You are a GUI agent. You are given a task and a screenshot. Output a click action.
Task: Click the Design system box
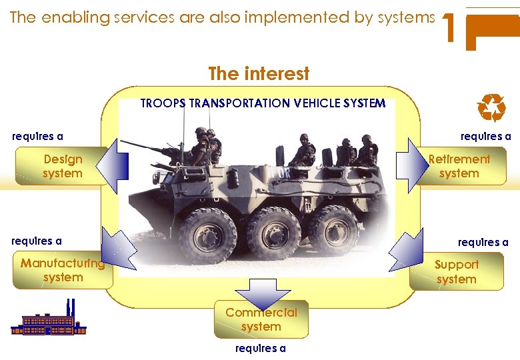(62, 167)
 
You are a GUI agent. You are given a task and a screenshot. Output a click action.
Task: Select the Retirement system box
(459, 166)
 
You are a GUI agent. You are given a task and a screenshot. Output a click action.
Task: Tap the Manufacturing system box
(62, 271)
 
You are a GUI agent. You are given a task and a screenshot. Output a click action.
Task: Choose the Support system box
(457, 272)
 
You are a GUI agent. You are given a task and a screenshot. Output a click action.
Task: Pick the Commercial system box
(261, 320)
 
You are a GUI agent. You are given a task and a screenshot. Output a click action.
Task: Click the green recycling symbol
(492, 108)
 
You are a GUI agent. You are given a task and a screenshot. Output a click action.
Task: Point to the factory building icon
(49, 320)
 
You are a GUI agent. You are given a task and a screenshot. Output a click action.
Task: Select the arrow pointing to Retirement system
(407, 165)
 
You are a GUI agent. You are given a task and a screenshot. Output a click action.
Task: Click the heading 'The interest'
(259, 73)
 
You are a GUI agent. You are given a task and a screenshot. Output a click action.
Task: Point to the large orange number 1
(450, 29)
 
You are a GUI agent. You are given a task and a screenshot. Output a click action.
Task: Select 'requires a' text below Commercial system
(261, 348)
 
